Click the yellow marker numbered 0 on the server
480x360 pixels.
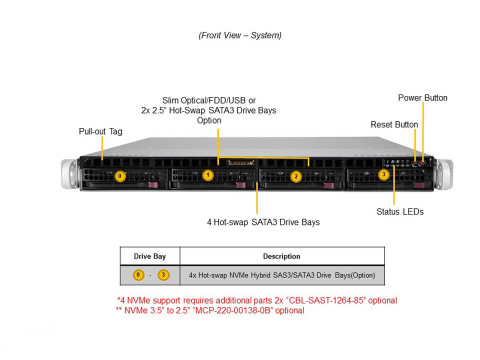click(120, 176)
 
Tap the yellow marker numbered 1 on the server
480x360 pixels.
click(208, 175)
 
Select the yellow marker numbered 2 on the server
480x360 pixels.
click(296, 176)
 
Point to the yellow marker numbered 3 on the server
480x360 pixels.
click(383, 174)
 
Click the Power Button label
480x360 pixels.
click(423, 98)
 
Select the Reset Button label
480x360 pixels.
click(394, 124)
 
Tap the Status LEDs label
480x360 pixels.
click(400, 212)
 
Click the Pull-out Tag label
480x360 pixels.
click(100, 131)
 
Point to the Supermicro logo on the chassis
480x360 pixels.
click(241, 163)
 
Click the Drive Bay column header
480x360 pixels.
click(149, 256)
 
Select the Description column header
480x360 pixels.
click(281, 256)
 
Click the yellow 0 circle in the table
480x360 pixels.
click(138, 275)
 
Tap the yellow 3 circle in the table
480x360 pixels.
click(163, 275)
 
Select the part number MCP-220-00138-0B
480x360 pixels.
click(232, 310)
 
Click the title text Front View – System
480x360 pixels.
click(240, 35)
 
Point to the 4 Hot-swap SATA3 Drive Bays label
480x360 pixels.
click(263, 222)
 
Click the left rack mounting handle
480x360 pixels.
click(70, 174)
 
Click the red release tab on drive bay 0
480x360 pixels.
click(153, 184)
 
